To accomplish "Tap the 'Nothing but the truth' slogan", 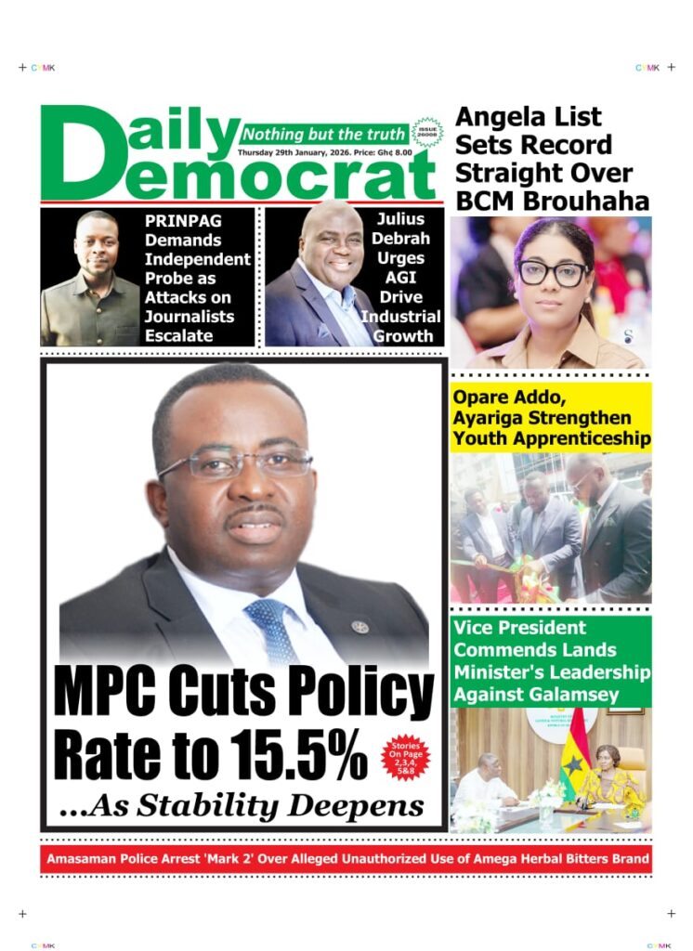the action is (x=324, y=134).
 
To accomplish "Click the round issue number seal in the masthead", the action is (x=427, y=133).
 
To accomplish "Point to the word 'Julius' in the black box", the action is (x=400, y=219).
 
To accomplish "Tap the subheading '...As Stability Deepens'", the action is (x=241, y=804).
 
